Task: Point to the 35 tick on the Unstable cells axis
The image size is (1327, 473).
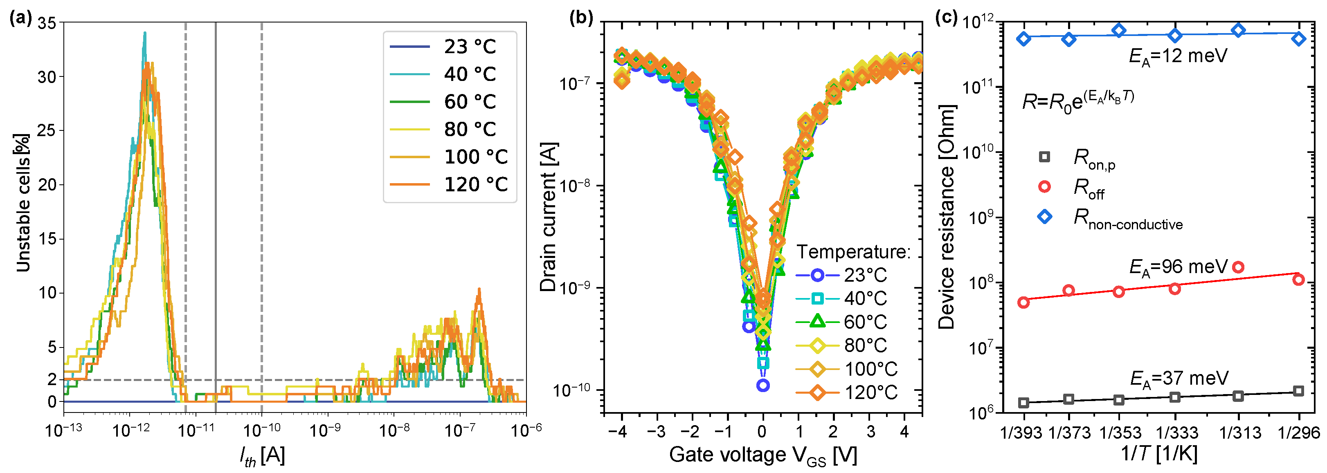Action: pos(47,23)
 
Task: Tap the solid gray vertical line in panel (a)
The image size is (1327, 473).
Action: pos(215,206)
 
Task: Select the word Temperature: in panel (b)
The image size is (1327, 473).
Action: pos(853,252)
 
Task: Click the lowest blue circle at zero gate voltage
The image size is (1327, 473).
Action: pos(763,385)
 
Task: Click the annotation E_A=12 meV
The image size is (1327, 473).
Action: pos(1178,56)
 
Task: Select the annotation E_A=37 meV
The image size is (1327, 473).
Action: pos(1179,379)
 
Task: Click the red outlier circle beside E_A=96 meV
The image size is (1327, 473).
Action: pos(1238,267)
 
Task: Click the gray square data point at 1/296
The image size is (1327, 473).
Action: pos(1299,391)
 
